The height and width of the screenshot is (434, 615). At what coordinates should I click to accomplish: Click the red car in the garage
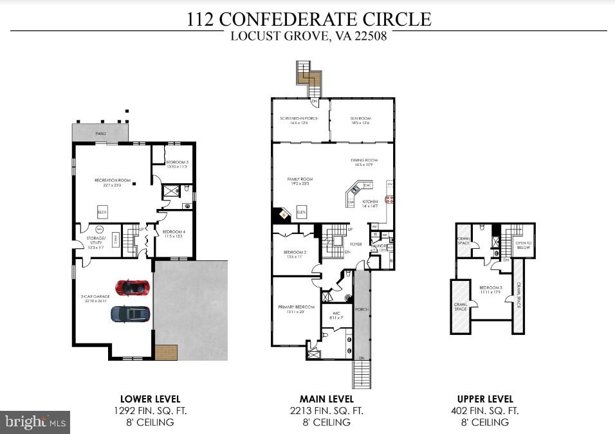click(132, 287)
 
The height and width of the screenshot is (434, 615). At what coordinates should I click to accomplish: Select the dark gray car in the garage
click(131, 314)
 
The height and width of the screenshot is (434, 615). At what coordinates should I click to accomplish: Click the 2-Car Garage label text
click(92, 297)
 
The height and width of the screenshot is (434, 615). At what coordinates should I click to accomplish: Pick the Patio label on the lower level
click(100, 133)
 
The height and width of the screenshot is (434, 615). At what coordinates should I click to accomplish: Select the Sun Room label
click(360, 120)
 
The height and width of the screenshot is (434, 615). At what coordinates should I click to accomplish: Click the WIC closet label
click(336, 315)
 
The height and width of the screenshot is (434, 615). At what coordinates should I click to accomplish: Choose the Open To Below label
click(522, 245)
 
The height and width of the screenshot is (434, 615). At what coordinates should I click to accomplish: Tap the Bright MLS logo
click(35, 422)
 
